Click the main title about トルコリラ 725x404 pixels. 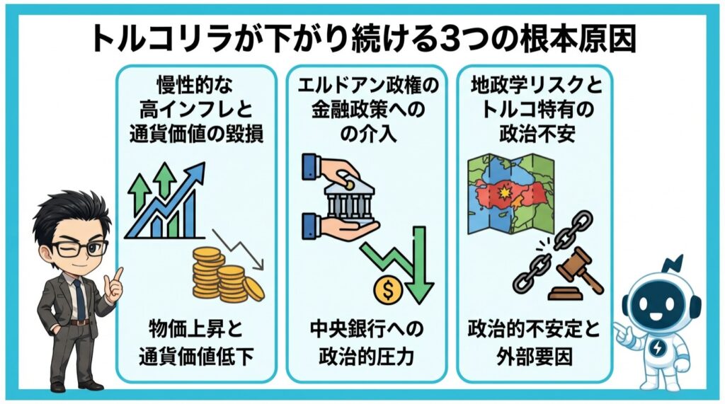click(362, 39)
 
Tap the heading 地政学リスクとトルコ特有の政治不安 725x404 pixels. click(536, 111)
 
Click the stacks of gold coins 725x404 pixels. click(223, 275)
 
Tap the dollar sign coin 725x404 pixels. click(388, 290)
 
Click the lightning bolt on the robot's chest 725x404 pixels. click(660, 348)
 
